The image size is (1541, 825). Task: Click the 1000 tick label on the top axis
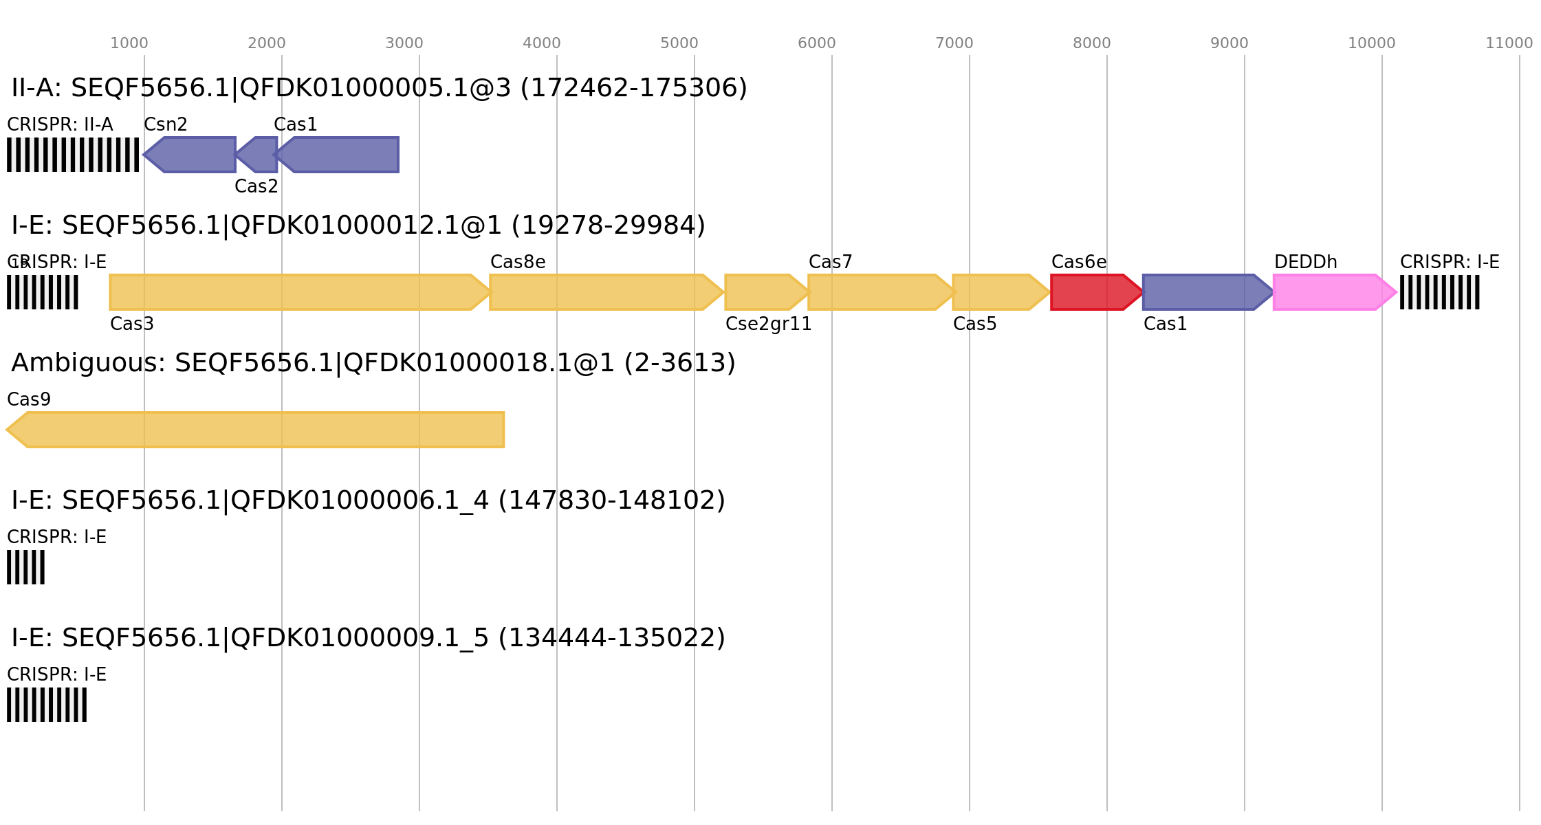coord(129,43)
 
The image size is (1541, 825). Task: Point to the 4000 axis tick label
coord(541,43)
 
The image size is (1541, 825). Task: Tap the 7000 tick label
coord(954,43)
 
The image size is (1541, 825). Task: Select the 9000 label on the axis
coord(1229,43)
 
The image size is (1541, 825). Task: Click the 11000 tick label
coord(1509,43)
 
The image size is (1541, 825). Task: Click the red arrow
coord(1095,292)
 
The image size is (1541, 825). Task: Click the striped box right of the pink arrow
coord(1439,292)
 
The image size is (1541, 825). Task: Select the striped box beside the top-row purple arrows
coord(73,155)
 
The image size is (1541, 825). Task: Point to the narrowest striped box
coord(25,567)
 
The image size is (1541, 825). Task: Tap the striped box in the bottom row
coord(47,705)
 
